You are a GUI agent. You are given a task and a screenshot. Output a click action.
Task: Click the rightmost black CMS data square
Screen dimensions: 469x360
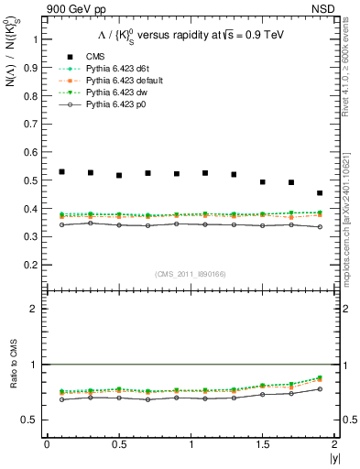(x=320, y=193)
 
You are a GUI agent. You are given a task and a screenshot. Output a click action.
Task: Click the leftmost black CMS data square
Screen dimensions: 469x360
(x=61, y=171)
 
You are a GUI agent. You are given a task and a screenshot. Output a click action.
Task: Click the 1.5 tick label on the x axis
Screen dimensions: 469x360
(x=262, y=444)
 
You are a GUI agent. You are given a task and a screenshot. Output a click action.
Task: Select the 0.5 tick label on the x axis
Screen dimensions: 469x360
(x=118, y=444)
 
